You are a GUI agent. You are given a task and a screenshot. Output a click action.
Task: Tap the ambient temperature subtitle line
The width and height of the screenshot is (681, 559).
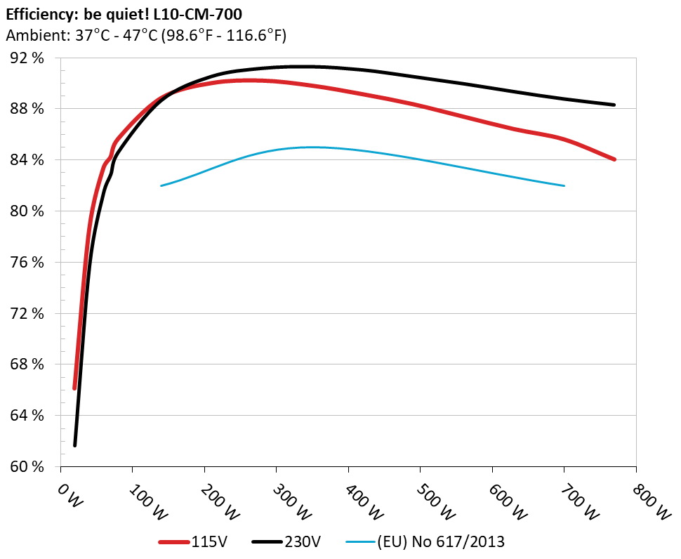coord(145,34)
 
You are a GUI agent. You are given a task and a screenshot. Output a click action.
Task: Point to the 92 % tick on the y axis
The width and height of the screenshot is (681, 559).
coord(26,58)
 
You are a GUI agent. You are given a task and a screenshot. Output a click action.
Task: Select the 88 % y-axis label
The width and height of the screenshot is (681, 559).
coord(26,109)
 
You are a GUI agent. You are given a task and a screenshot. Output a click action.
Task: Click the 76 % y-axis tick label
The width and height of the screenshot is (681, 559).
coord(26,262)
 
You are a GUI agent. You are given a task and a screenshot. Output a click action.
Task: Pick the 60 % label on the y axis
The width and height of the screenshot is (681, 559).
coord(26,466)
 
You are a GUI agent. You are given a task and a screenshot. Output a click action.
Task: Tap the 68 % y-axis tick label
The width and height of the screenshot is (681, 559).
coord(26,364)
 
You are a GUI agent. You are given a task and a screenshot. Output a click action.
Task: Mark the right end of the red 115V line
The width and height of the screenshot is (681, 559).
coord(614,159)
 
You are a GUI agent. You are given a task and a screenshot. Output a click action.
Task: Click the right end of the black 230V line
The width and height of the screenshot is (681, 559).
coord(614,105)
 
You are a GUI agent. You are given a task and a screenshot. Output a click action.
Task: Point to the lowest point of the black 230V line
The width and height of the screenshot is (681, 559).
coord(74,445)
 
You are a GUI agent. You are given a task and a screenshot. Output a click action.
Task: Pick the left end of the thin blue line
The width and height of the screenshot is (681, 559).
coord(161,185)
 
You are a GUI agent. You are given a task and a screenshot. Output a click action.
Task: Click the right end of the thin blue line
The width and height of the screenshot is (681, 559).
coord(564,185)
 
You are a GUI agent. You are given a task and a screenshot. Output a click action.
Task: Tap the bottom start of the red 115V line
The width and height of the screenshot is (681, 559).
coord(74,388)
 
